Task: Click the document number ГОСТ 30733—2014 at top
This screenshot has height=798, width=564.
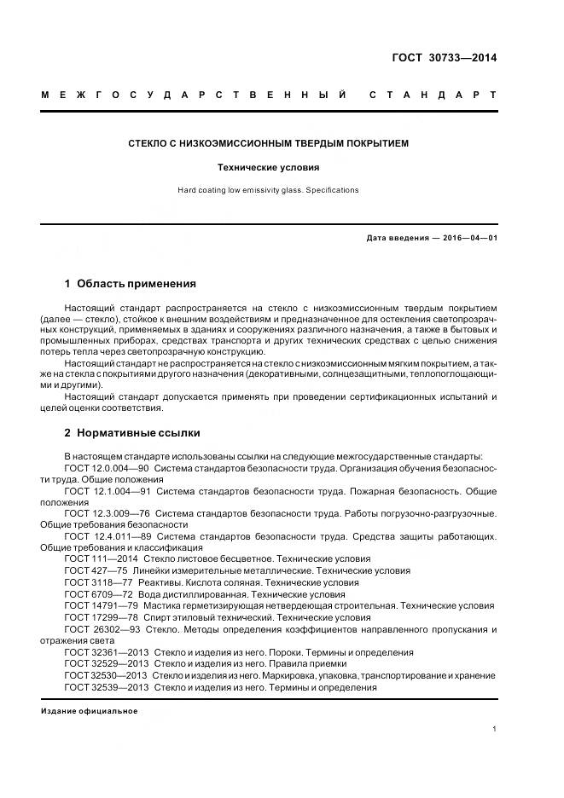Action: coord(444,58)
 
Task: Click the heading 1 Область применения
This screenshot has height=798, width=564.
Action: coord(131,283)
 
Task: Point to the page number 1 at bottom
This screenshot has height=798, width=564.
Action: coord(495,730)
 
